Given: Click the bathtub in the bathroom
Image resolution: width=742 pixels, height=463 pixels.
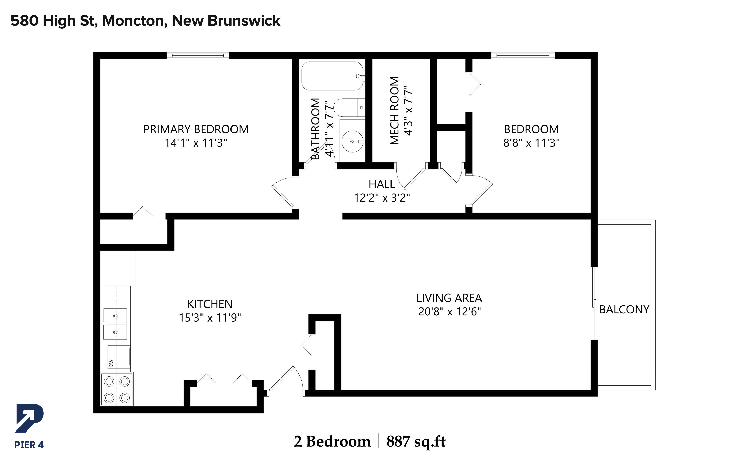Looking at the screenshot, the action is (333, 76).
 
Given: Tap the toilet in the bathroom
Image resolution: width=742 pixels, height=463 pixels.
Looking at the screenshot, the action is (349, 108).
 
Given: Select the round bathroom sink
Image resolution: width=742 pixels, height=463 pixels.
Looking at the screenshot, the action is (353, 141).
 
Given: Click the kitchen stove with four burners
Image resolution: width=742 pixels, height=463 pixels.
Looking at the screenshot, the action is (117, 390).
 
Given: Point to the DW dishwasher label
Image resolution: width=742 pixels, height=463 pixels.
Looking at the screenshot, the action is (111, 363).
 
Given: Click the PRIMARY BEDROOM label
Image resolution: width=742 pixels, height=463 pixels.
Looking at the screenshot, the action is (196, 129).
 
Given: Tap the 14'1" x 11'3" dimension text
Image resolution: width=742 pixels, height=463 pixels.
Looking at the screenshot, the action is (196, 143).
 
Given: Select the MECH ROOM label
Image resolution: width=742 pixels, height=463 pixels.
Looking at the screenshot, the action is (394, 111).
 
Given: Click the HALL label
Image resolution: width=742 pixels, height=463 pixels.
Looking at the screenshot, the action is (382, 184).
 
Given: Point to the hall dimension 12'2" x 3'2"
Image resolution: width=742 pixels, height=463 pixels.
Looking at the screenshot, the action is (382, 198).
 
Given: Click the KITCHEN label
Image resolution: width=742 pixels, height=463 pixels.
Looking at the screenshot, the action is (210, 304).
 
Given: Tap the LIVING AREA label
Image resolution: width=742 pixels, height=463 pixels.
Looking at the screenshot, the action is (449, 298).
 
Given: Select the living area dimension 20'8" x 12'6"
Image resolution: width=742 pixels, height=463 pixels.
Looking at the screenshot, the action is (450, 312).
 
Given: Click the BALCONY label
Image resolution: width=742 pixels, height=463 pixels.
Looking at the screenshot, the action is (624, 310).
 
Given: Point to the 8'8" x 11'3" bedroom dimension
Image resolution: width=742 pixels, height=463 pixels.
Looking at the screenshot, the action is (532, 143).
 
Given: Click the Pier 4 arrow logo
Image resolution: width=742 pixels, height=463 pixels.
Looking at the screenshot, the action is (29, 418).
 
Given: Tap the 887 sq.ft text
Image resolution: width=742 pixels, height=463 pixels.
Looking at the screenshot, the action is (416, 441).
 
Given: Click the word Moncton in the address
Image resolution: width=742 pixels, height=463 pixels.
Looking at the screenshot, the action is (135, 21).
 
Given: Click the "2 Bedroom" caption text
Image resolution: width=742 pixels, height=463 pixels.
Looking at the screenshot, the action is (332, 441).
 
